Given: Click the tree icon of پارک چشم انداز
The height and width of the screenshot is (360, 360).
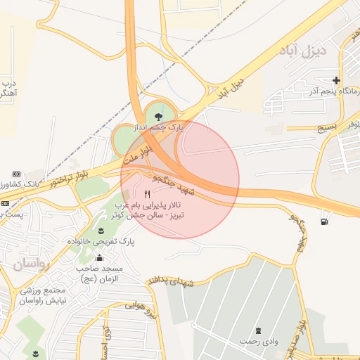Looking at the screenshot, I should pos(157,115).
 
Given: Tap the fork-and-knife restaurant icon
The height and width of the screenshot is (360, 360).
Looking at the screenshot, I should pos(147,195).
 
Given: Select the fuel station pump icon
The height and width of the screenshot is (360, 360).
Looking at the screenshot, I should pos(323,221).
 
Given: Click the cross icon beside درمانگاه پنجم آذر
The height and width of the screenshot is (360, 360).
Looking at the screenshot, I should pos(336,80).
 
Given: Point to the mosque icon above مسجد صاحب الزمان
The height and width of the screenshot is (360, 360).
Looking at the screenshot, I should pos(98,257).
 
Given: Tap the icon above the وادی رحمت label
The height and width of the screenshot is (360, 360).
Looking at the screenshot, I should pos(257,330).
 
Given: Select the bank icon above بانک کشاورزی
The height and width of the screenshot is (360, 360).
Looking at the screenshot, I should pos(16,174).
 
